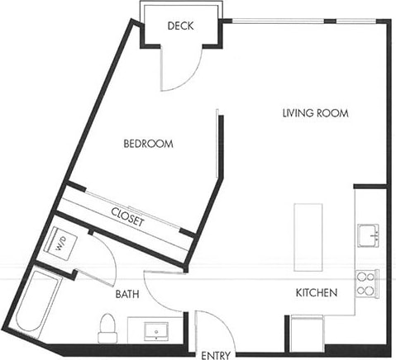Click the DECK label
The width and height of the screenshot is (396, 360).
179,26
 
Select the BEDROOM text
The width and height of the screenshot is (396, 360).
148,144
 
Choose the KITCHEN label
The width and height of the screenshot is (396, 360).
316,292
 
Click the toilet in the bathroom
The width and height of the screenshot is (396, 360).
107,328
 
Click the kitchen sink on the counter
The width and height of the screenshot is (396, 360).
367,235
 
